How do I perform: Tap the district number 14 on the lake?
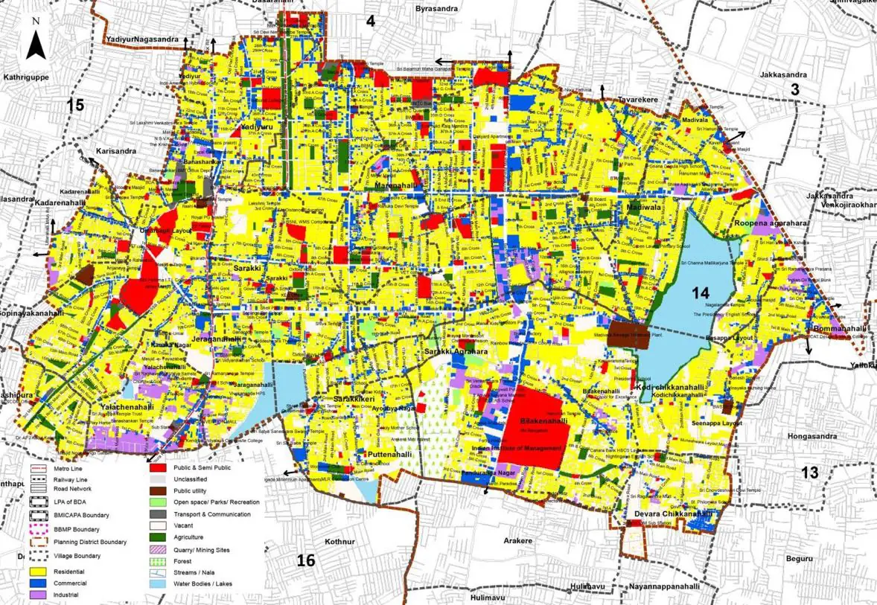tap(700, 292)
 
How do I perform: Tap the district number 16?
tap(306, 560)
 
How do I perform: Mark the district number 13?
tap(809, 473)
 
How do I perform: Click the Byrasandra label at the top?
tap(436, 9)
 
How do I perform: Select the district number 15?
tap(75, 105)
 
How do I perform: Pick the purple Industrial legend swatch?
tap(38, 595)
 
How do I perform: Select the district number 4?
tap(370, 21)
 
